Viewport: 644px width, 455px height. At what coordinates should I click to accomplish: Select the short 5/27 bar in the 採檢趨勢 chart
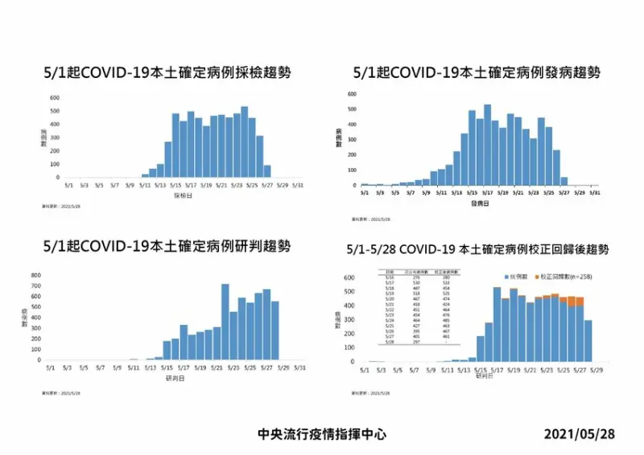point(267,171)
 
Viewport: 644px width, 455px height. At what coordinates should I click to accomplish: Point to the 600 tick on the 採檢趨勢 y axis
point(56,98)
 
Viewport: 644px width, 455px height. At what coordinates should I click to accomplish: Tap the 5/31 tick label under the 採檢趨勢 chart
point(297,185)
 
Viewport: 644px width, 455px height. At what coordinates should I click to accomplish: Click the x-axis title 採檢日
point(183,195)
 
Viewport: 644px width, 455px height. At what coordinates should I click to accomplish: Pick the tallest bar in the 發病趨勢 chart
point(487,146)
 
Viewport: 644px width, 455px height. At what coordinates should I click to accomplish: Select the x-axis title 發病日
point(481,203)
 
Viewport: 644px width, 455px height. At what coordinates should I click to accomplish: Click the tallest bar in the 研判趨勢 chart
point(225,322)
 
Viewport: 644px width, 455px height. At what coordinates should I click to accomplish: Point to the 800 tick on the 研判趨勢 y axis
point(36,276)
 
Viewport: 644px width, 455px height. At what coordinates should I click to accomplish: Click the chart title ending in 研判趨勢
point(167,245)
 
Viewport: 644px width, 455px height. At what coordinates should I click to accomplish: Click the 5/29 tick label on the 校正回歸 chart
point(597,371)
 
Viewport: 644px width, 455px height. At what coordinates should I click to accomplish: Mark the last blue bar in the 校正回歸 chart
point(587,341)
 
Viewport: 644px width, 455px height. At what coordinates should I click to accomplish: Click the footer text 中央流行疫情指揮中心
point(322,433)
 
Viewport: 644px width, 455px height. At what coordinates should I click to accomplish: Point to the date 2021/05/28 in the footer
point(579,433)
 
